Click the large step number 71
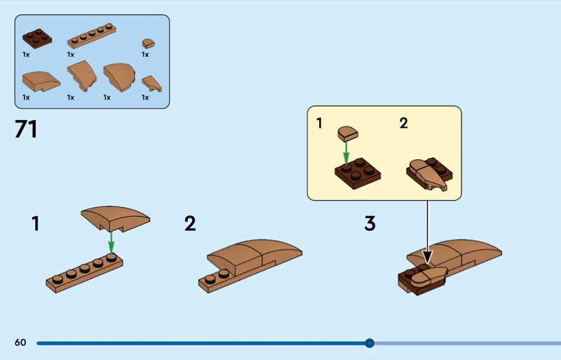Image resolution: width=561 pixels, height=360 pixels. click(26, 131)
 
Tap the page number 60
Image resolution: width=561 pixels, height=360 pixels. click(20, 342)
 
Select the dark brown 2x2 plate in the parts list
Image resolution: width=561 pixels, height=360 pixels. click(37, 36)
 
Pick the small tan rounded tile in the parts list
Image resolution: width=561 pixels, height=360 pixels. click(148, 43)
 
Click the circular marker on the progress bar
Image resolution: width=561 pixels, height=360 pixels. click(370, 343)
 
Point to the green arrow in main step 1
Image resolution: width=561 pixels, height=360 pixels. click(110, 244)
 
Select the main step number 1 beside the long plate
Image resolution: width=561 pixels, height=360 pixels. click(35, 224)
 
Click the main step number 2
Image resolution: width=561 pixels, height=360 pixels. click(190, 224)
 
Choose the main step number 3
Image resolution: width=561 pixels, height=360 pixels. click(370, 224)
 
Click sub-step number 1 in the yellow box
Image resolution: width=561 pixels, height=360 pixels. click(319, 124)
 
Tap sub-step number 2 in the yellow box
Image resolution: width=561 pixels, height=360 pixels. click(403, 124)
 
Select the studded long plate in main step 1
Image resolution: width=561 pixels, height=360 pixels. click(84, 274)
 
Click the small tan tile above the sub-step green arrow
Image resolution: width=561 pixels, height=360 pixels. click(347, 133)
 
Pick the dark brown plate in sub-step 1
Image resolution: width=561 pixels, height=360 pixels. click(357, 173)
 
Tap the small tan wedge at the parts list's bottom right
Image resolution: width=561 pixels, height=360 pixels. click(151, 84)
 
